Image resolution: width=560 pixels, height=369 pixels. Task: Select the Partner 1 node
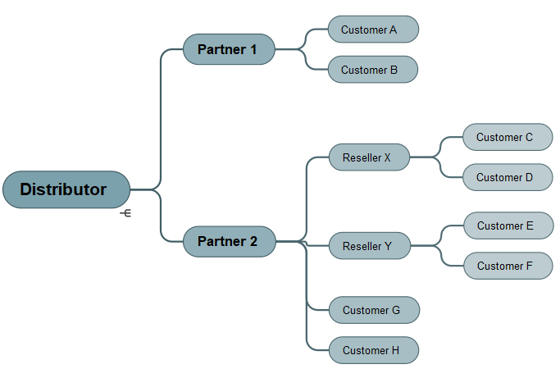click(228, 49)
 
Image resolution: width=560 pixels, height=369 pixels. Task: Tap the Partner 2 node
click(228, 242)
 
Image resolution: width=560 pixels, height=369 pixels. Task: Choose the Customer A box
click(373, 30)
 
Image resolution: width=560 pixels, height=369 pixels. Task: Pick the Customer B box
click(373, 70)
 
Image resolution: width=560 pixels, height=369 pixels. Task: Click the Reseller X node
click(369, 157)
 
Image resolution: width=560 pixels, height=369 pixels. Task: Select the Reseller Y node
click(369, 246)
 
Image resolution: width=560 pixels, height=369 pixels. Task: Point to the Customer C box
click(508, 137)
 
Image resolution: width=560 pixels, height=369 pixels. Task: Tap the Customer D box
click(508, 177)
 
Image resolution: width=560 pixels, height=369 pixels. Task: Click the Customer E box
click(508, 225)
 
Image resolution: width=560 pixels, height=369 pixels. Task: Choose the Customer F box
click(508, 266)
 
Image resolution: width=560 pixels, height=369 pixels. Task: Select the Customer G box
click(374, 310)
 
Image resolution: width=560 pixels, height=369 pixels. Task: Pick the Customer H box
click(374, 350)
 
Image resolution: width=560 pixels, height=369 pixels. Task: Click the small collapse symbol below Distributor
click(125, 213)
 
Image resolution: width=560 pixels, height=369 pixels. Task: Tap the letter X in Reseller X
click(388, 157)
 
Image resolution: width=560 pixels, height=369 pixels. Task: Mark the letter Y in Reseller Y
click(388, 246)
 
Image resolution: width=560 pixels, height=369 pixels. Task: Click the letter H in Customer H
click(395, 350)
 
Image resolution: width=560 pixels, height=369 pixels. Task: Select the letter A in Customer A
click(393, 30)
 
